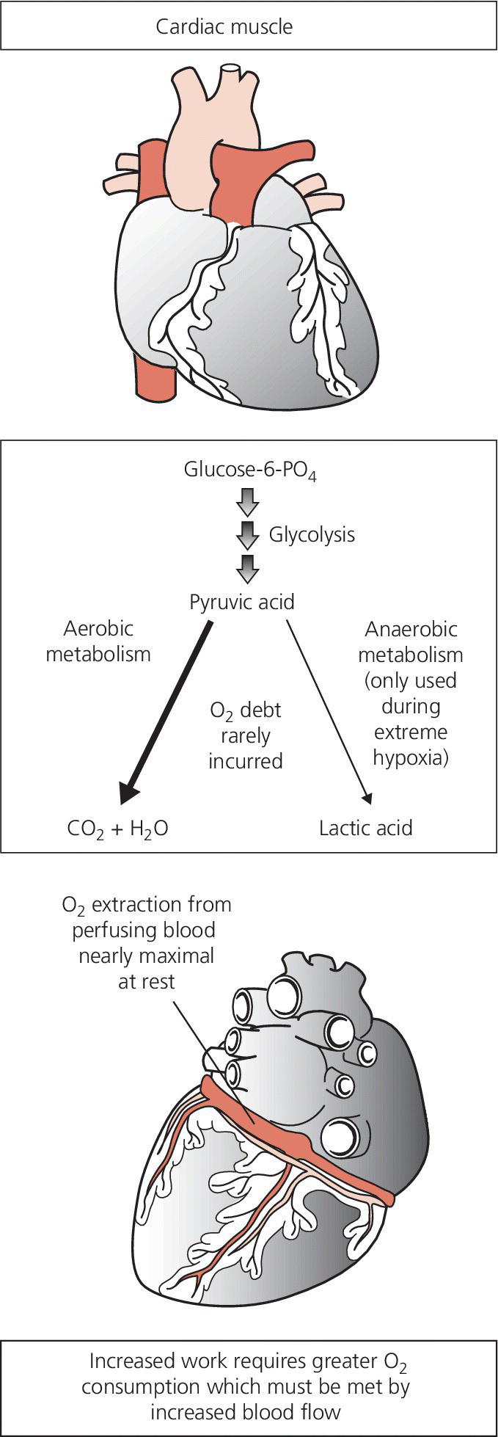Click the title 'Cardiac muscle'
224,27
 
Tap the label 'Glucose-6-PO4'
249,470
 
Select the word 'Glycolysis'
312,534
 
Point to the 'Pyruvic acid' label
242,603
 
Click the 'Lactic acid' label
365,829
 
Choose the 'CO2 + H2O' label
117,829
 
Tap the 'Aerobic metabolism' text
98,641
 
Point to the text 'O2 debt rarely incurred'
245,735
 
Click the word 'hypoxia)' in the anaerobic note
411,758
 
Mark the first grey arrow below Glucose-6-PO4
248,503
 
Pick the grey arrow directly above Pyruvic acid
248,567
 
